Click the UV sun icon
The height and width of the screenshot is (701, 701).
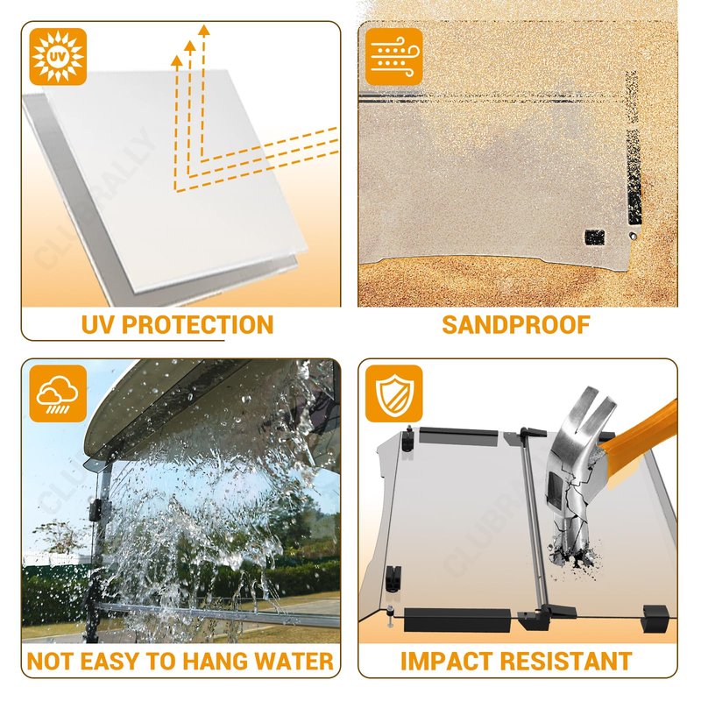coord(58,57)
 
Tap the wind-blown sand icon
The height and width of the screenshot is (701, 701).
coord(393,57)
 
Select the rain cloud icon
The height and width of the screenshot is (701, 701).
coord(58,393)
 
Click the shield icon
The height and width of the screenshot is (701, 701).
coord(393,393)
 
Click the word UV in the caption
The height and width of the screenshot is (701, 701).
coord(97,325)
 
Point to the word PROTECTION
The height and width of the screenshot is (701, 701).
coord(197,325)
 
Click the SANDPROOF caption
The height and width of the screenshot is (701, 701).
coord(516,325)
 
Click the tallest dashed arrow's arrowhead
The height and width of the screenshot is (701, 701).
coord(204,31)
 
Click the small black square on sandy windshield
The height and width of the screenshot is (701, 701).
coord(595,237)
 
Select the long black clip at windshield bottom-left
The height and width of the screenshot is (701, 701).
coord(457,620)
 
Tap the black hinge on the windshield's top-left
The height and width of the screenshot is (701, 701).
coord(407,439)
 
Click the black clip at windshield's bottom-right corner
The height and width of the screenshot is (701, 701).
coord(655,619)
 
